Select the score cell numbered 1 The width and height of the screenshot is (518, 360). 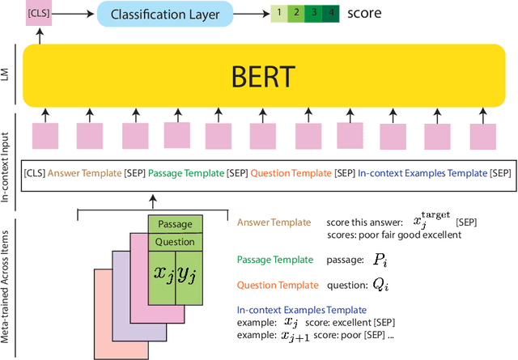click(278, 14)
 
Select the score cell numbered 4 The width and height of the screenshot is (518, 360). click(329, 14)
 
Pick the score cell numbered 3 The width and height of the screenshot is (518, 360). click(312, 14)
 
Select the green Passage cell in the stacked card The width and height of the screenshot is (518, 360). click(175, 224)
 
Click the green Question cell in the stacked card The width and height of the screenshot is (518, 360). click(175, 241)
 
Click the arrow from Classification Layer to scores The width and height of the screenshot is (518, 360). click(252, 14)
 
